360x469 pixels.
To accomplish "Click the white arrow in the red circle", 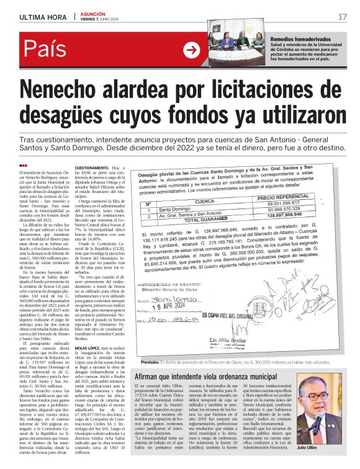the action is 192,50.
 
